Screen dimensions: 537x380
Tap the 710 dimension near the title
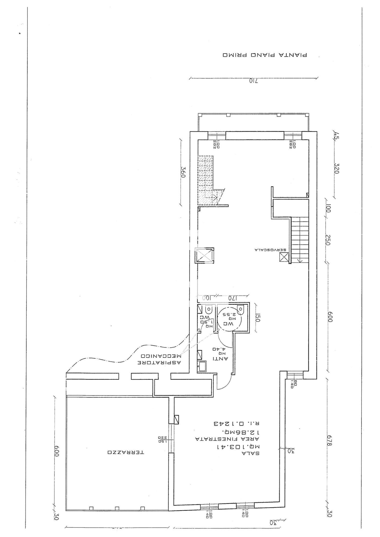click(x=253, y=81)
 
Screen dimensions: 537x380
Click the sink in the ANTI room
click(x=202, y=366)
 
